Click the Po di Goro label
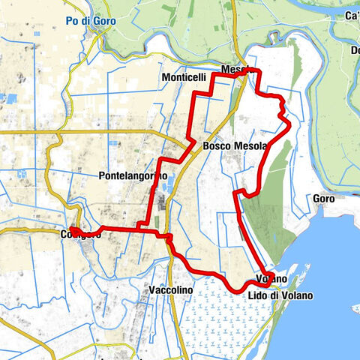click(x=91, y=21)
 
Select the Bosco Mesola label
click(x=234, y=146)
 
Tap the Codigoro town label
click(x=79, y=234)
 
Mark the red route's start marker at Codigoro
click(x=73, y=229)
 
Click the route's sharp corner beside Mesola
click(x=259, y=71)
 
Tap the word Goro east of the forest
click(x=324, y=199)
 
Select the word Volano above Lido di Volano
click(x=271, y=280)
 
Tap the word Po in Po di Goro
click(x=73, y=21)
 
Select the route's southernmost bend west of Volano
click(x=238, y=289)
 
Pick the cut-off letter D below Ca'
click(x=355, y=50)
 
